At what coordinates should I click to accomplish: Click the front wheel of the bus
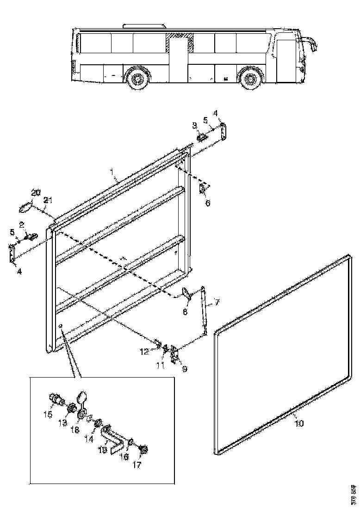tap(250, 79)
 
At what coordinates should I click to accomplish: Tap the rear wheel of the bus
tap(137, 79)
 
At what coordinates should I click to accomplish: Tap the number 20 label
tap(36, 192)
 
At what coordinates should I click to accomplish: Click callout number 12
tap(144, 351)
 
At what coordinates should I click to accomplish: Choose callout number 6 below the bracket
tap(207, 203)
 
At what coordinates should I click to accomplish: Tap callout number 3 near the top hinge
tap(195, 125)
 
